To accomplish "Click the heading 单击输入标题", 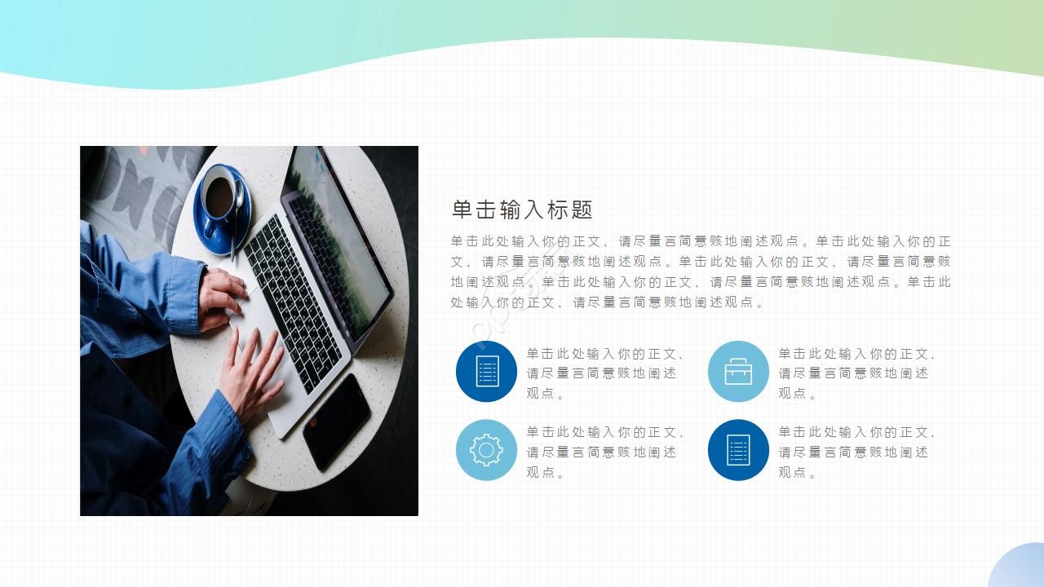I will point(522,210).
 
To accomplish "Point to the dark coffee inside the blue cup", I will point(218,196).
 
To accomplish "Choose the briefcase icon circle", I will point(738,372).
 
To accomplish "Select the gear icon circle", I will point(486,450).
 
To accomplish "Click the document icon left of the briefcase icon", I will point(486,372).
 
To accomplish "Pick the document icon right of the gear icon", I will point(738,450).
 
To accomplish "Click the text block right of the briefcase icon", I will point(856,373).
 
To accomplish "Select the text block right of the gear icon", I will point(604,452).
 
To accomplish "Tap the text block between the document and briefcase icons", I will point(604,373).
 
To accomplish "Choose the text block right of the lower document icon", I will point(856,452).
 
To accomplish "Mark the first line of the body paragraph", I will point(700,241).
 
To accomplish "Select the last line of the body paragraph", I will point(608,302).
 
